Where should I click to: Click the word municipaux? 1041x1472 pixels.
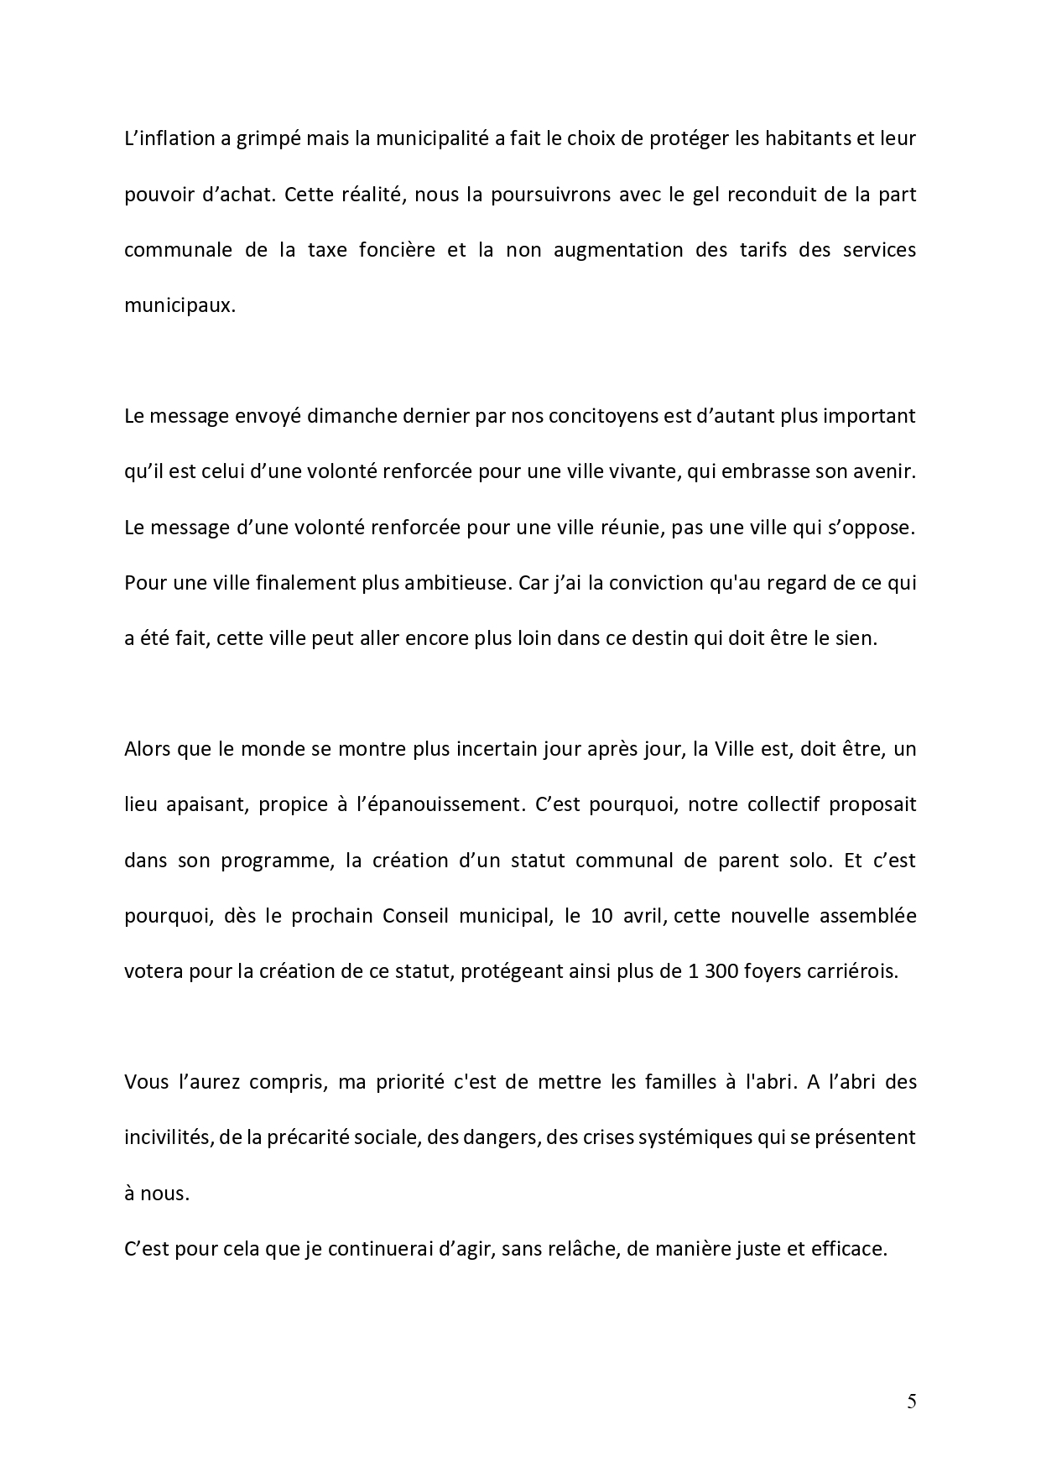click(x=179, y=305)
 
